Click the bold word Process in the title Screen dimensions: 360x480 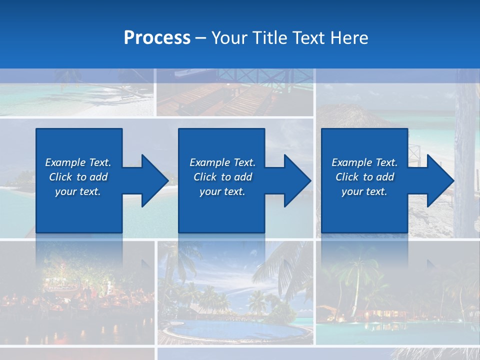[157, 38]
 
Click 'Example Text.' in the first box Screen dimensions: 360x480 [78, 162]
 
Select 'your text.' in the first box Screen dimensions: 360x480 [78, 191]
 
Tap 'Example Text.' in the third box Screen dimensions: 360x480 [364, 162]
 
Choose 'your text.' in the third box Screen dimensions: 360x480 [364, 191]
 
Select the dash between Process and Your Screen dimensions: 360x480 [201, 38]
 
